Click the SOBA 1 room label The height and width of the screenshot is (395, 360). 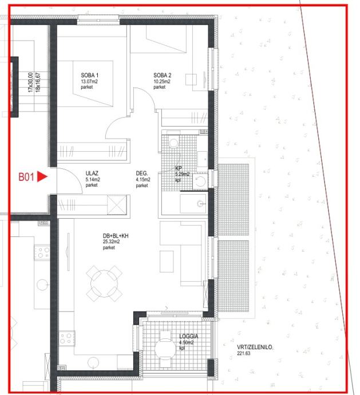click(90, 75)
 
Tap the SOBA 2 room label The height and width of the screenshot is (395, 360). click(162, 75)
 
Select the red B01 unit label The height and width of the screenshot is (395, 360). click(26, 177)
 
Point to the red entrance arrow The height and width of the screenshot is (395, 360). click(42, 176)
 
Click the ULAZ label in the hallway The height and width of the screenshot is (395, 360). click(92, 173)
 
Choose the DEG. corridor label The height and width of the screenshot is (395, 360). click(142, 173)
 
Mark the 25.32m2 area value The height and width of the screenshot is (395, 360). click(111, 242)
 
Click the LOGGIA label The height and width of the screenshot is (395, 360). click(189, 336)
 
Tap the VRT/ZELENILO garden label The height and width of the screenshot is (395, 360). click(255, 347)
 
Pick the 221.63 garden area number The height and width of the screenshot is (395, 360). click(244, 353)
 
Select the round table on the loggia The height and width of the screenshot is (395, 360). click(165, 349)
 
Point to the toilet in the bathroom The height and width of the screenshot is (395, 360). click(173, 143)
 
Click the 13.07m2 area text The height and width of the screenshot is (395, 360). click(89, 81)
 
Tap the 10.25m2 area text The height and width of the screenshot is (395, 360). click(162, 81)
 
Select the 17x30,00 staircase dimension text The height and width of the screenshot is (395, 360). click(30, 82)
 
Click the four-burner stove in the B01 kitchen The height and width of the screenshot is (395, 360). click(67, 338)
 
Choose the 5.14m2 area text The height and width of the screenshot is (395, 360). click(93, 180)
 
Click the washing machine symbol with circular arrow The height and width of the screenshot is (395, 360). click(200, 181)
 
